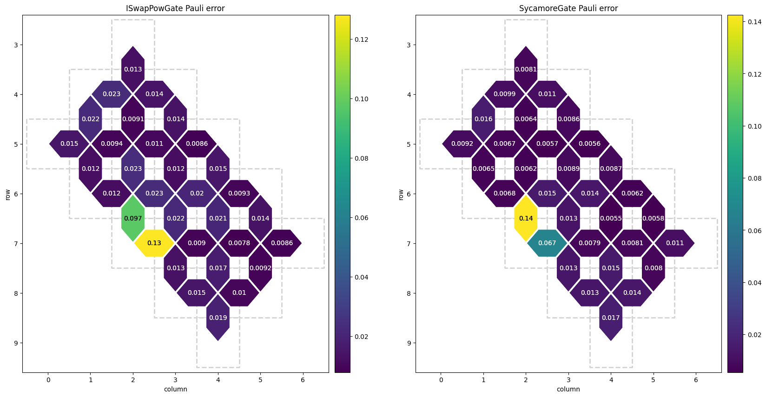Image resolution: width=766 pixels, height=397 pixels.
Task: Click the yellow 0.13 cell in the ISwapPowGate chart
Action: (x=154, y=243)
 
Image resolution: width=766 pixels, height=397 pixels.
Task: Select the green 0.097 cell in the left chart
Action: (x=133, y=218)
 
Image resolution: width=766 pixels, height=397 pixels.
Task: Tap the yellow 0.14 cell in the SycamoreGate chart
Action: (x=526, y=218)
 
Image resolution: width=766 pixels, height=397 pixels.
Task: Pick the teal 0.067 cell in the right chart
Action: (x=547, y=243)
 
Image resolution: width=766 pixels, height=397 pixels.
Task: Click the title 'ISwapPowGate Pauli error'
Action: (x=175, y=8)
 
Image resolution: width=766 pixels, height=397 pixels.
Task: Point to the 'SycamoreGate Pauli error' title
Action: (x=568, y=8)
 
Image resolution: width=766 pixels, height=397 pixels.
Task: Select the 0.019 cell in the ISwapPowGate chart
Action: (x=218, y=318)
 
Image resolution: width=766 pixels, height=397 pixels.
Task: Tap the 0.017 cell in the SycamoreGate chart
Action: (x=611, y=318)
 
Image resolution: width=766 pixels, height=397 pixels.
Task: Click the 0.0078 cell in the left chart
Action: (x=239, y=243)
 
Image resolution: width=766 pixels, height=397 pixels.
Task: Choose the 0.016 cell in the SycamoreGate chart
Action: (x=483, y=119)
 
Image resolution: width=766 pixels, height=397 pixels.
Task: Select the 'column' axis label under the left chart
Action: (x=175, y=389)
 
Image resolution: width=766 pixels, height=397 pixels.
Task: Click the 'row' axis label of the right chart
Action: (x=400, y=194)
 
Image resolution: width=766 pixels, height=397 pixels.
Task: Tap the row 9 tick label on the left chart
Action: (x=16, y=343)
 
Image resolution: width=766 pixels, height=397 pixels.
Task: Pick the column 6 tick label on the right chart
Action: (x=696, y=380)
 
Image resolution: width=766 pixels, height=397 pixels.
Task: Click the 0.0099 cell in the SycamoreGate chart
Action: (x=504, y=94)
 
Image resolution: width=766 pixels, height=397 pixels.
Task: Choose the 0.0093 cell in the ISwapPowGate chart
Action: (x=239, y=193)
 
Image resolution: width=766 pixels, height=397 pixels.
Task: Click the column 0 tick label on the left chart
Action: (x=48, y=380)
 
